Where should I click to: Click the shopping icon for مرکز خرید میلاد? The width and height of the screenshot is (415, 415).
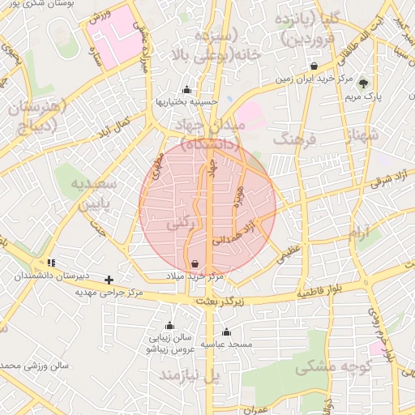195,264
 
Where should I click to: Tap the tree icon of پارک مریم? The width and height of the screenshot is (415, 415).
363,82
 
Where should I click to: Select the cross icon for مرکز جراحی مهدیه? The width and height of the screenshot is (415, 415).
109,280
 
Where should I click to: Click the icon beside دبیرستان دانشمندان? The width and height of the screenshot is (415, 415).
52,263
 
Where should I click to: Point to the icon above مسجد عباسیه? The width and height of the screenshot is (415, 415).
226,332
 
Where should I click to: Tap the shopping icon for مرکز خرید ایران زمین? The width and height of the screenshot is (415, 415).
314,66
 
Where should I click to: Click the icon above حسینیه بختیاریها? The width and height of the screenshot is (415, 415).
187,89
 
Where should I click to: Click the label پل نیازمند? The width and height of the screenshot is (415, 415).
189,375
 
